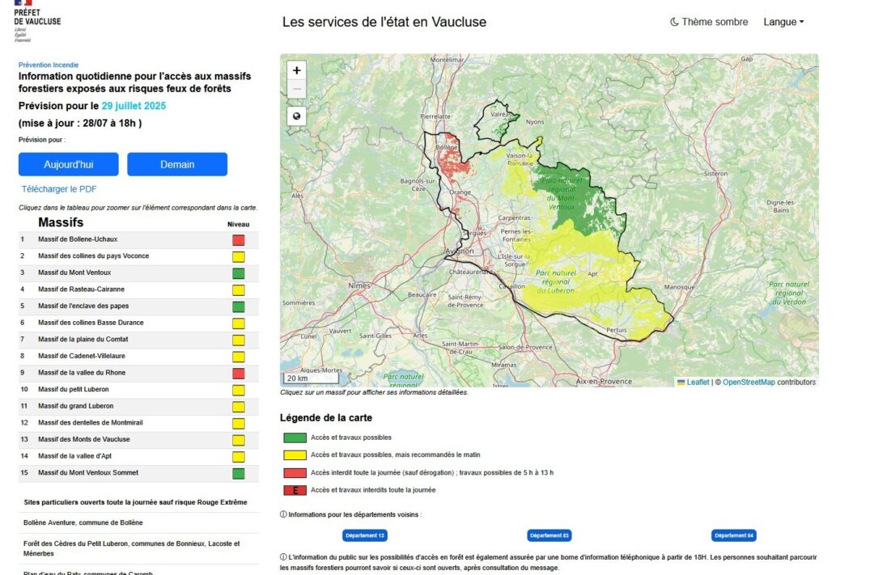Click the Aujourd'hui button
coord(69,164)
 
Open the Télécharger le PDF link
coord(59,189)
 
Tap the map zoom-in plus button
coord(297,70)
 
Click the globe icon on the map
coord(297,116)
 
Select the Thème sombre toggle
coord(709,22)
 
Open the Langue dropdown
coord(783,22)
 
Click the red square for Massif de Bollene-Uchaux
coord(238,240)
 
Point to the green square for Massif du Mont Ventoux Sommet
coord(238,473)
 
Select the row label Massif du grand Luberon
coord(75,406)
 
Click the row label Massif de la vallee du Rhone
coord(82,373)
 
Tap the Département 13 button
coord(365,535)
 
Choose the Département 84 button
coord(733,535)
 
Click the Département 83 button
coord(549,535)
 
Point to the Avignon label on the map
coord(460,252)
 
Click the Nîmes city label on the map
coord(359,286)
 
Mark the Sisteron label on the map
coord(715,174)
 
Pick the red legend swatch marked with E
coord(295,490)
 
